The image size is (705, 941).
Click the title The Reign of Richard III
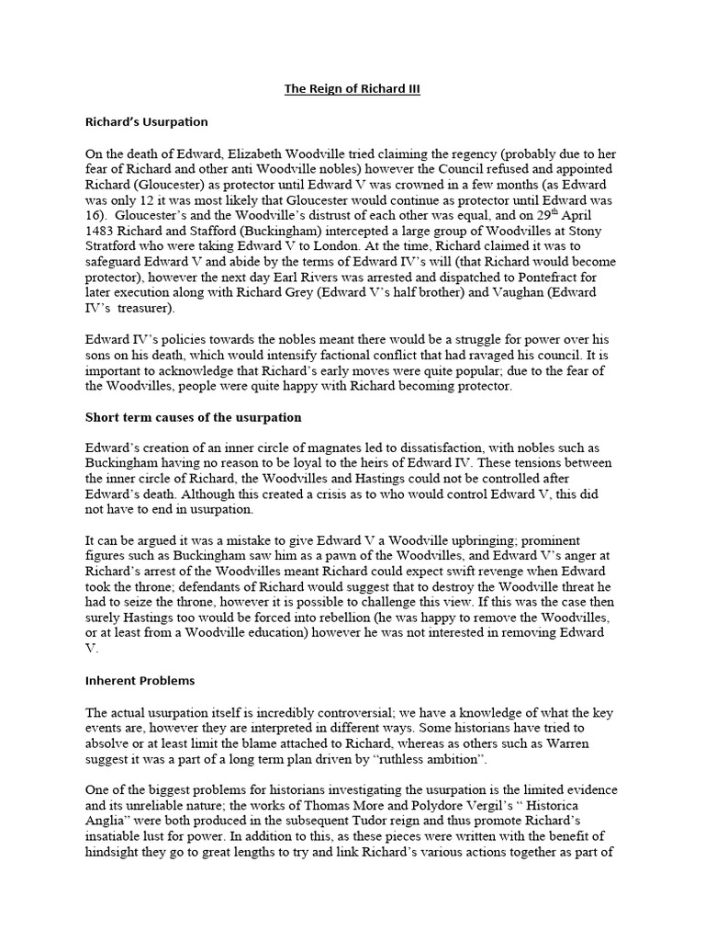(352, 89)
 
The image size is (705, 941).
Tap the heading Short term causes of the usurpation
(193, 417)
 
